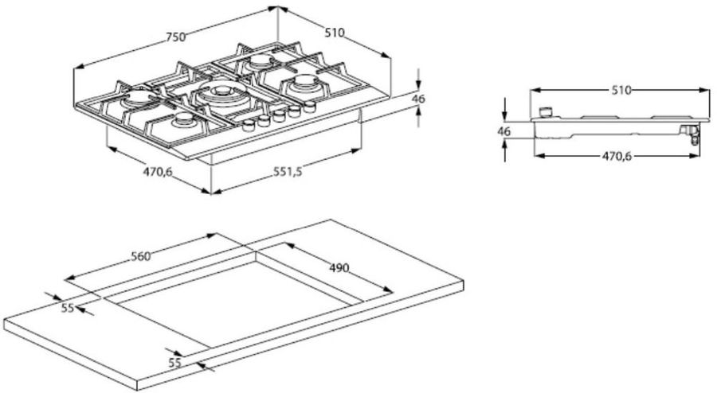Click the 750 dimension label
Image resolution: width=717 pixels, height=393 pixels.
point(175,37)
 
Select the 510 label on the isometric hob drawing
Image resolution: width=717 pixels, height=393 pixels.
point(335,33)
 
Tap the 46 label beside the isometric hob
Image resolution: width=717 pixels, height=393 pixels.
point(418,99)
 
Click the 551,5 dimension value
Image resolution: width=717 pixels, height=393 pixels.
point(288,171)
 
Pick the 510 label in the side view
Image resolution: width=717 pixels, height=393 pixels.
point(621,91)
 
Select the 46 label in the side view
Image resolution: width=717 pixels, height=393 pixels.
point(504,131)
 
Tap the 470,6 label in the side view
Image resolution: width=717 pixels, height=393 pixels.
point(617,156)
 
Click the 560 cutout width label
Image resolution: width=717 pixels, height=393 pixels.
point(141,256)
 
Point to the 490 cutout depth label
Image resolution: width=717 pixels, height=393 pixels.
point(339,267)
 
